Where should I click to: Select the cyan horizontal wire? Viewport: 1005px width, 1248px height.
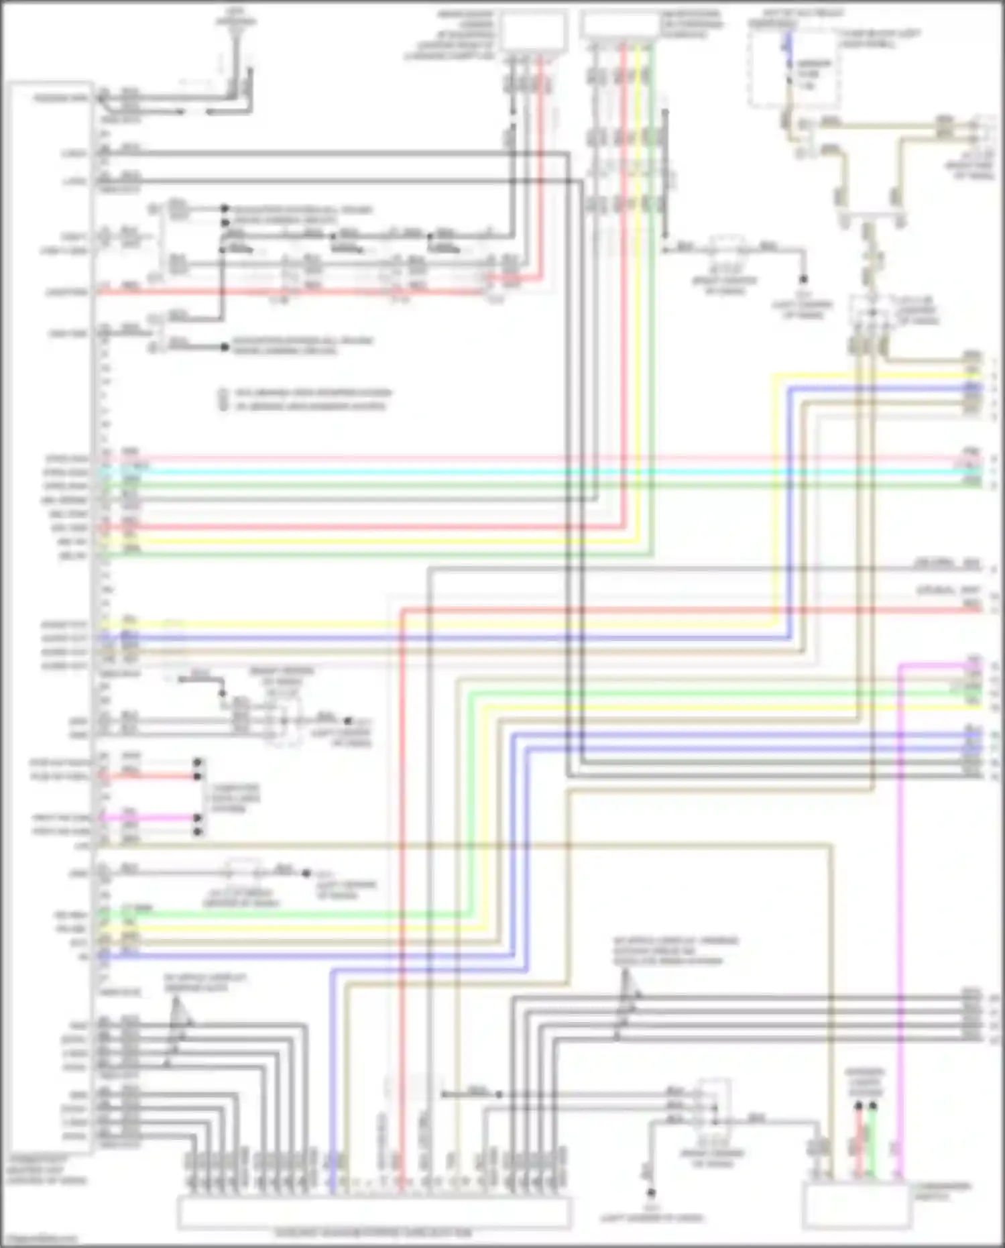[x=536, y=471]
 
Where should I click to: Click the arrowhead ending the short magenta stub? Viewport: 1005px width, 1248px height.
[x=197, y=818]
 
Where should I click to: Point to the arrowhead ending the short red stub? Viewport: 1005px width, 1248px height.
[x=197, y=777]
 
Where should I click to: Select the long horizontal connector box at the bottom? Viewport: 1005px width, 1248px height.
[x=374, y=1212]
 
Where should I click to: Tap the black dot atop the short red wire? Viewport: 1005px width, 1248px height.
[x=858, y=1105]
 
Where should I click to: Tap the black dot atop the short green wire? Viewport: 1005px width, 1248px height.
[x=872, y=1105]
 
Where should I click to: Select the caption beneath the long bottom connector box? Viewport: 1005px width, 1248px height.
[x=373, y=1233]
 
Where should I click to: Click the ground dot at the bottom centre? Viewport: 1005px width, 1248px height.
[x=650, y=1193]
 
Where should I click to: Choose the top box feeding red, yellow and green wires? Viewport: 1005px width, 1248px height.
[x=620, y=25]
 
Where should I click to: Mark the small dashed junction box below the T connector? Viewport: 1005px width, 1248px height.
[x=870, y=311]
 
